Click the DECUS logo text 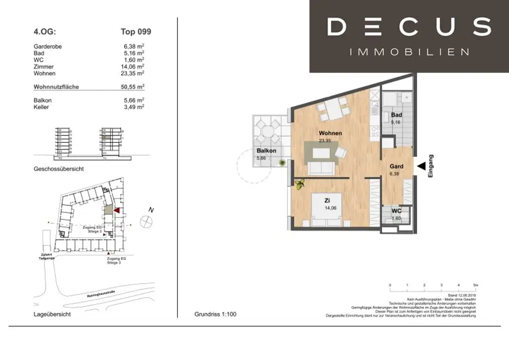tap(409, 27)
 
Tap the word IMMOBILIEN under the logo tap(409, 52)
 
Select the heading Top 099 tap(136, 32)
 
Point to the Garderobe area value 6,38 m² tap(134, 47)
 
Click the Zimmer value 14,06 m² tap(133, 67)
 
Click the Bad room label tap(396, 115)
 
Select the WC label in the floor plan tap(396, 211)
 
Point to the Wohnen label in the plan tap(330, 133)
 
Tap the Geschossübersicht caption tap(58, 169)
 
